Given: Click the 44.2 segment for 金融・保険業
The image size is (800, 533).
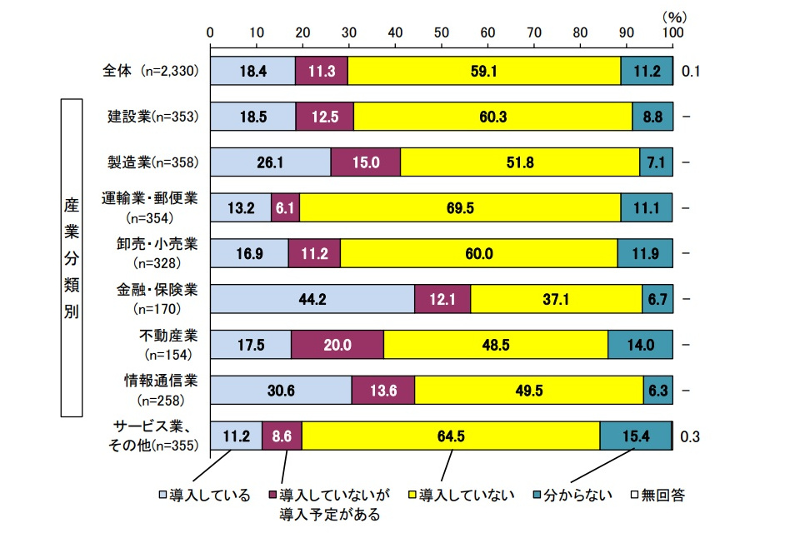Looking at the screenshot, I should (312, 299).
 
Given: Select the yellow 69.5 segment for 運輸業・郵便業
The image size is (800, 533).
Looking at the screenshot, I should (460, 207).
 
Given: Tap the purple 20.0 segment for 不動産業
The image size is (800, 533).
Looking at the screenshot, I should (337, 344).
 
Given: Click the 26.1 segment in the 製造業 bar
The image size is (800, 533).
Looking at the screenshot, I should (271, 162).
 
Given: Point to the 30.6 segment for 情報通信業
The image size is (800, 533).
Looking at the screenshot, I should (281, 390).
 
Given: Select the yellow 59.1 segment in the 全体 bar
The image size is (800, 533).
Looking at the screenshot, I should (483, 72).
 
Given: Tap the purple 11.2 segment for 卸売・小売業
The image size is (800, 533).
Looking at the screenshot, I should (314, 253).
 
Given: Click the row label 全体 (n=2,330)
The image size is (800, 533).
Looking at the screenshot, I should (147, 71).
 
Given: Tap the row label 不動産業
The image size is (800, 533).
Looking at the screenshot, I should (167, 336).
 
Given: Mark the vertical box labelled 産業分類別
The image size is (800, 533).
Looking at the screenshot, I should (71, 258).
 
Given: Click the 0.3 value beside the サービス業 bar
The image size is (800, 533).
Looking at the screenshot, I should (691, 436).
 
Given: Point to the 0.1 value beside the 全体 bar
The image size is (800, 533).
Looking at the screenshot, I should (691, 72).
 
